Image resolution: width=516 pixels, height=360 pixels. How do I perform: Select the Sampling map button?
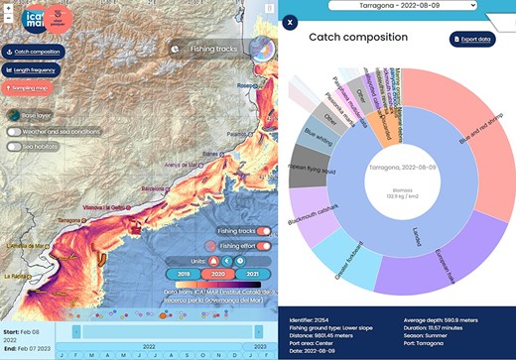30,88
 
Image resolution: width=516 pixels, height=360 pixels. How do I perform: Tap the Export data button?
472,40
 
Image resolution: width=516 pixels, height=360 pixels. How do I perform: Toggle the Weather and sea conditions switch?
14,131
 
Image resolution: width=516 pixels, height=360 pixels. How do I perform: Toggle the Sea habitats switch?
14,146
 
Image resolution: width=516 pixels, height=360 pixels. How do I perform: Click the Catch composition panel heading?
358,37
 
